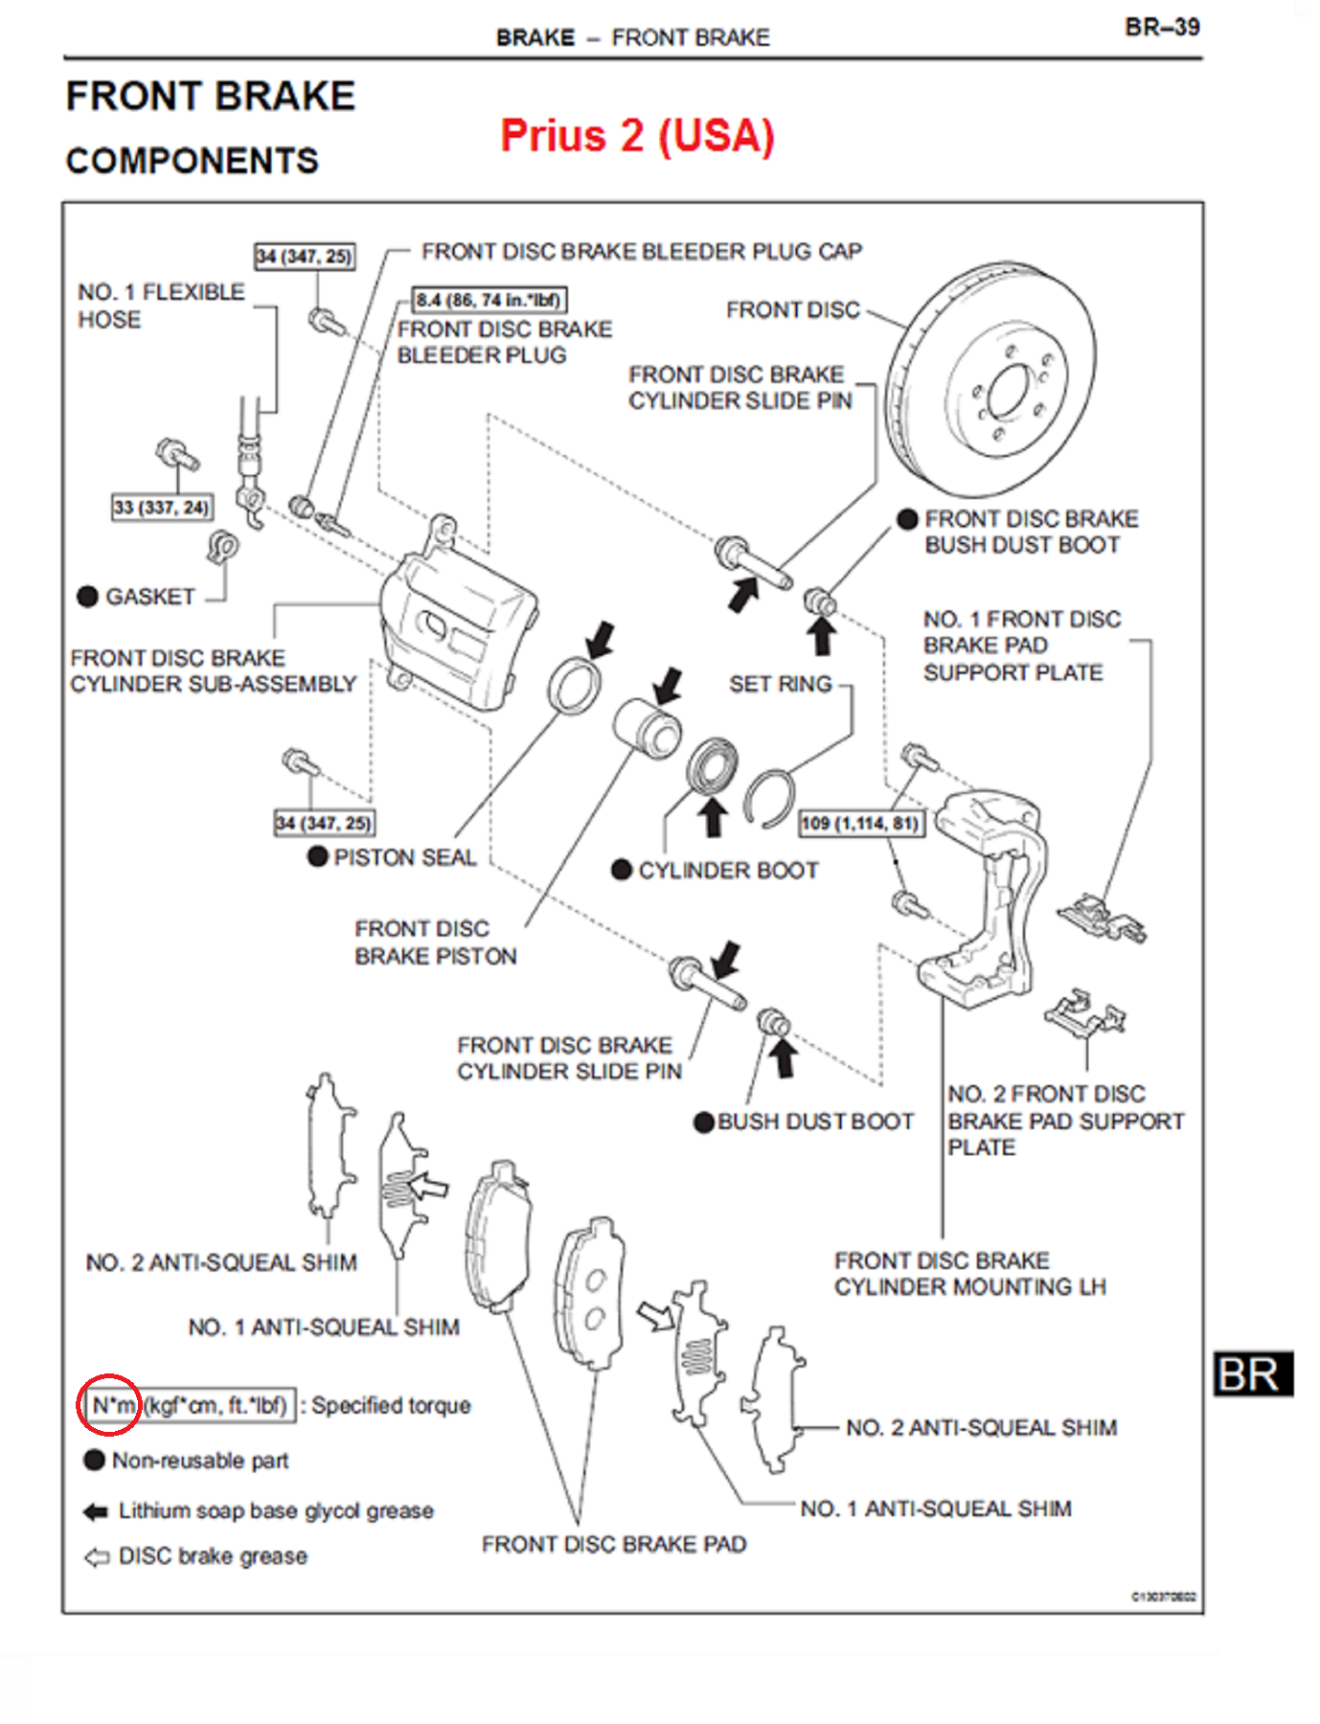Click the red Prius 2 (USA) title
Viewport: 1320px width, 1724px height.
coord(637,136)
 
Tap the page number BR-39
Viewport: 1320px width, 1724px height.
coord(1162,27)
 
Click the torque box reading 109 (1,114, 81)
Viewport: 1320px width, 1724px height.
coord(861,824)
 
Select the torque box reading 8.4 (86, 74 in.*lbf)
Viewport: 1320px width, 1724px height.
coord(489,300)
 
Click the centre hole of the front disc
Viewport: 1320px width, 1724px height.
coord(1007,393)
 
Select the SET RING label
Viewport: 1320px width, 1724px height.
coord(780,684)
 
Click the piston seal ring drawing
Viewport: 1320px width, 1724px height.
coord(575,685)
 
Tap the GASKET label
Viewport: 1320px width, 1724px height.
coord(149,597)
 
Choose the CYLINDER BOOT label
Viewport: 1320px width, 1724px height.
coord(728,871)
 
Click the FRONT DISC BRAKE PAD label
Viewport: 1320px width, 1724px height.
coord(614,1544)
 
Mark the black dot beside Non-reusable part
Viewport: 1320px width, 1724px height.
coord(94,1460)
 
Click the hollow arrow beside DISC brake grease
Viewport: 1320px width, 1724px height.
coord(97,1557)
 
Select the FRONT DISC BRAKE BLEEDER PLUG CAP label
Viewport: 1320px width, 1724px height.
coord(642,251)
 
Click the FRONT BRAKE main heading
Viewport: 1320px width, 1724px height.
coord(211,97)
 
